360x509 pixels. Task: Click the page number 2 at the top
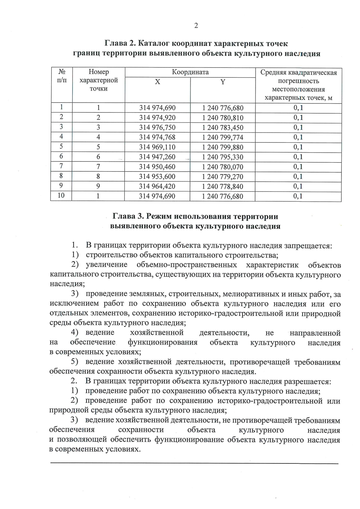(196, 26)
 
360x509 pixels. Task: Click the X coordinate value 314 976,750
(157, 127)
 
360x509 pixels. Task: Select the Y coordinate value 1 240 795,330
(223, 157)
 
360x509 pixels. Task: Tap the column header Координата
(190, 72)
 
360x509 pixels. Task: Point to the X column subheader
(157, 82)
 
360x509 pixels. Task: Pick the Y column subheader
(223, 82)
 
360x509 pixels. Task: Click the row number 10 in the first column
(61, 196)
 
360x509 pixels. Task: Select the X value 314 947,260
(157, 157)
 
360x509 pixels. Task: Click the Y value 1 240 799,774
(223, 137)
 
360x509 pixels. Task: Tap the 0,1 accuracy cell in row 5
(298, 147)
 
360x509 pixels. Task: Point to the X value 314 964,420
(157, 186)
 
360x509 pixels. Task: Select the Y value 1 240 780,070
(223, 167)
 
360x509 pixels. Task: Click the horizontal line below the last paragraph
(194, 464)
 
